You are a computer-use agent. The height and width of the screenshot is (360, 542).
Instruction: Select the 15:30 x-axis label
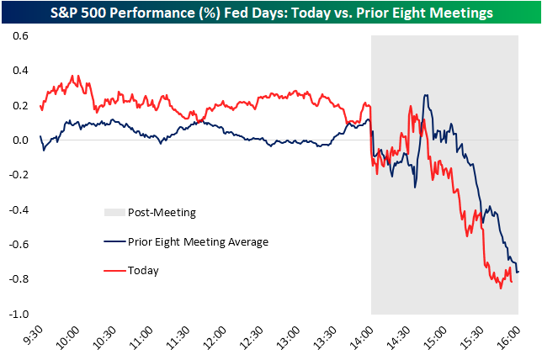472,336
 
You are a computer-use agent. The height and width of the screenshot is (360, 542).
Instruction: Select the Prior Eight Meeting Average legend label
198,242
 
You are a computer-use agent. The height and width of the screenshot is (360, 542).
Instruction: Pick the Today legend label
143,271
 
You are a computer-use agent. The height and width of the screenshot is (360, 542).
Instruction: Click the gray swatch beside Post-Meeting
114,213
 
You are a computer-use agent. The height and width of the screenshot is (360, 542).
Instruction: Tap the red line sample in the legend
114,271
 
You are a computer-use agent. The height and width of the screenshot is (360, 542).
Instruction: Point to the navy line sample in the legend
114,242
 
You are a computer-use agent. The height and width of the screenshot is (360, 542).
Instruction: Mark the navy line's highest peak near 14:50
427,95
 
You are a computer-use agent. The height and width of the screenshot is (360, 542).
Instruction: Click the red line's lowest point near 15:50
501,289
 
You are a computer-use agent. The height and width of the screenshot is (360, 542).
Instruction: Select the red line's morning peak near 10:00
75,76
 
